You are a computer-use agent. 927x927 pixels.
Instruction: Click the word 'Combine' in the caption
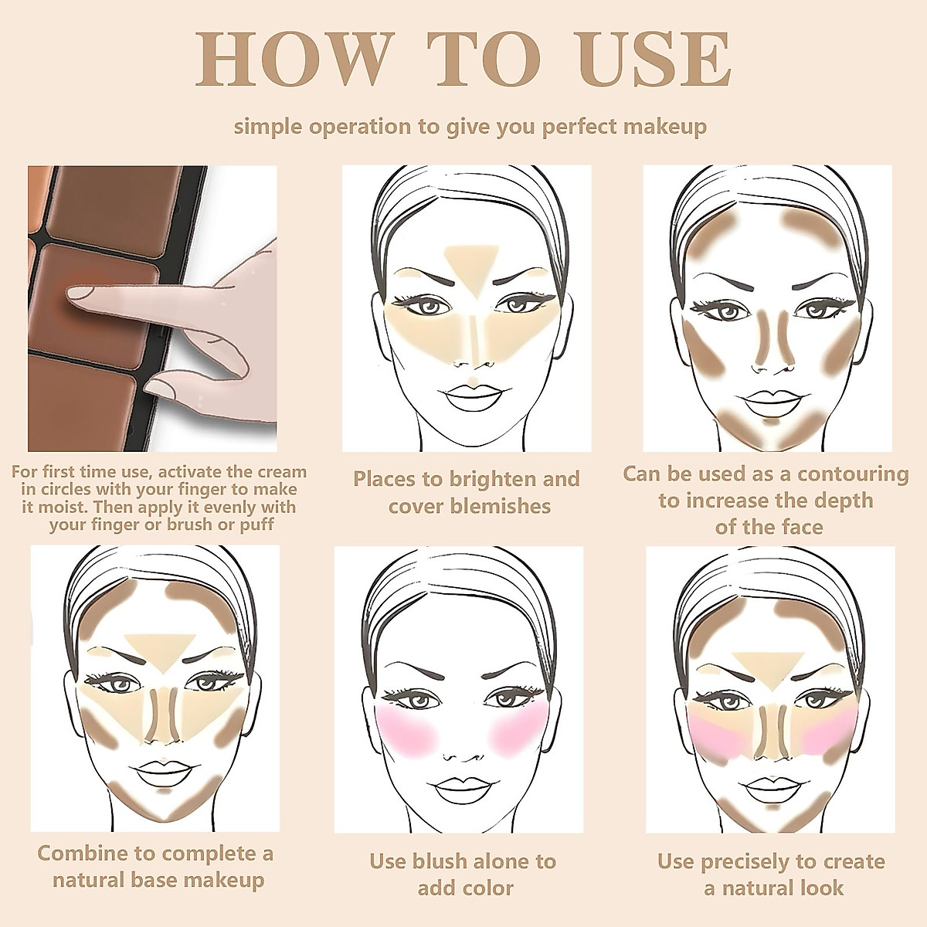coord(82,854)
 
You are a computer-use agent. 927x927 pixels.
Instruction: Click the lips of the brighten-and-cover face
coord(470,397)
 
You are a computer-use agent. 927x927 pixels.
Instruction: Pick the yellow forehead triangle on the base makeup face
coord(161,647)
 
